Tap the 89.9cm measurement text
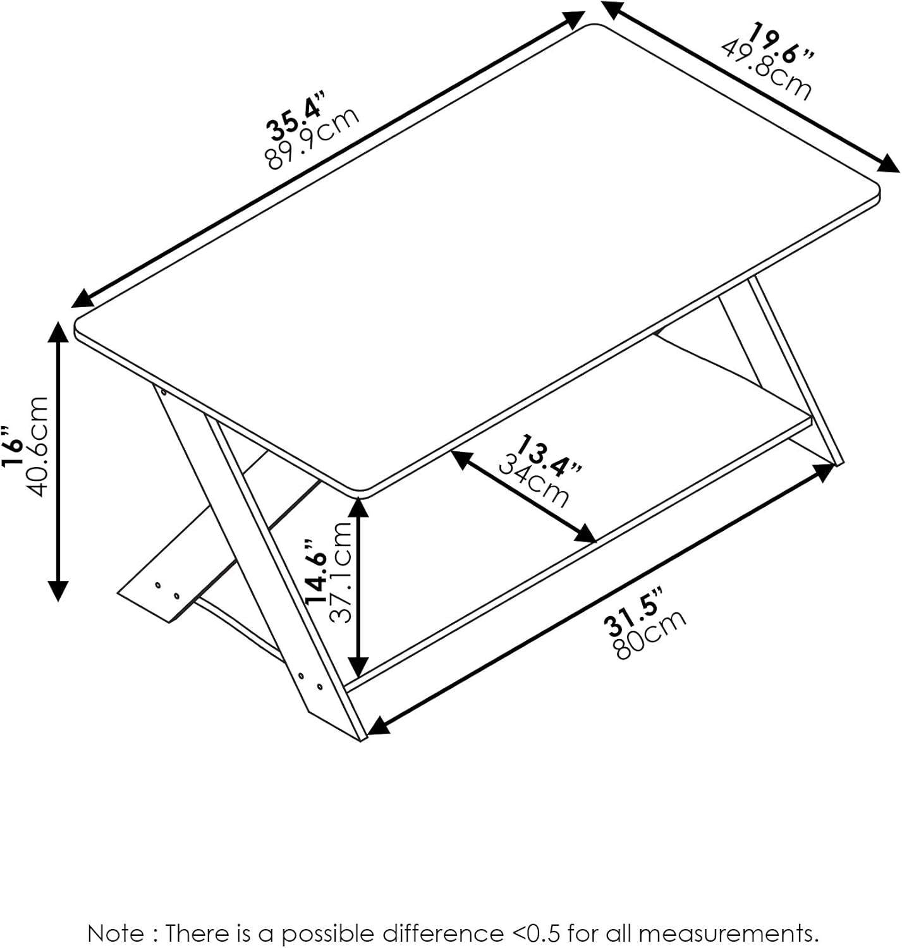(x=313, y=138)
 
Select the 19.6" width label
(x=781, y=43)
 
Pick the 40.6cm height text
(x=37, y=446)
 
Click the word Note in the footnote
(x=115, y=933)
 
